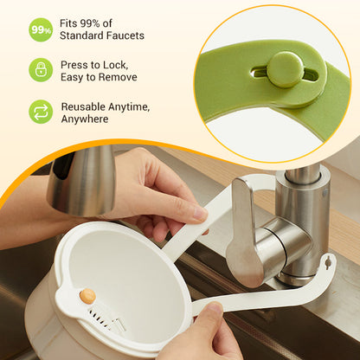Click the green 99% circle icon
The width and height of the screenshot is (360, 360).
41,29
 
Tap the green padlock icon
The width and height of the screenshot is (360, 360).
41,70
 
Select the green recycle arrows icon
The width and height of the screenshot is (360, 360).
41,112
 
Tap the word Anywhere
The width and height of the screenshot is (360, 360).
85,119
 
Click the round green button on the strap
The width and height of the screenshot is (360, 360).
285,68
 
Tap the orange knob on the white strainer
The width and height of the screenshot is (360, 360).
87,296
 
